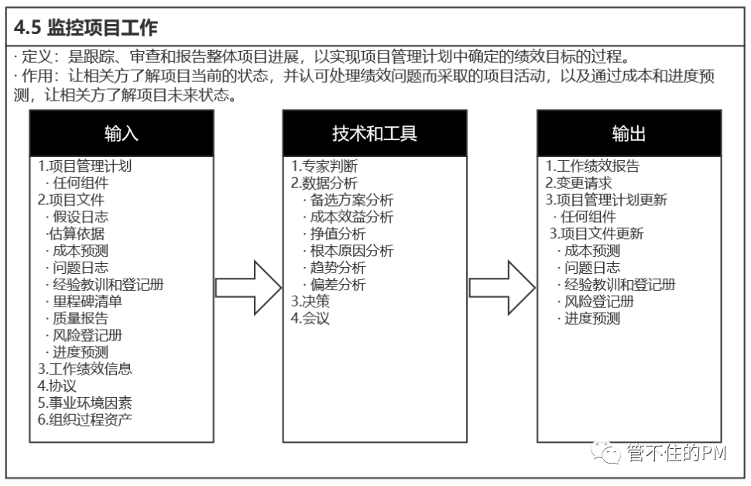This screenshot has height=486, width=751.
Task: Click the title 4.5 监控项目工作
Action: coord(87,29)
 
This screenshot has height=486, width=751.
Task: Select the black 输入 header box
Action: coord(122,133)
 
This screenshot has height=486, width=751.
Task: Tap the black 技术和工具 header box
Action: coord(375,133)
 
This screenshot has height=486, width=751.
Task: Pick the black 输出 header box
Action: coord(629,133)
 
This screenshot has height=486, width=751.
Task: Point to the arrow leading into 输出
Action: coord(502,286)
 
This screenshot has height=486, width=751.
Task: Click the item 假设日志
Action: coord(81,217)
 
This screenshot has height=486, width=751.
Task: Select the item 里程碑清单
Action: coord(87,302)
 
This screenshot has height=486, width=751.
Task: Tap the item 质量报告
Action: coord(81,319)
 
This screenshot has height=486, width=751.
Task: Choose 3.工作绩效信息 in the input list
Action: coord(85,369)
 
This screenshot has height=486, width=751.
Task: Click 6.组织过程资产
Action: coord(85,420)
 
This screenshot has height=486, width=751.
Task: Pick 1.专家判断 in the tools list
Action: coord(324,166)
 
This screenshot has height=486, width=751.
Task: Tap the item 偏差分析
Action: coord(338,285)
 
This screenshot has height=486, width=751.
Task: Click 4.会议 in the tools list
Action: coord(310,319)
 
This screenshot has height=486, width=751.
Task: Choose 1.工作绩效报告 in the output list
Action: coord(593,166)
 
